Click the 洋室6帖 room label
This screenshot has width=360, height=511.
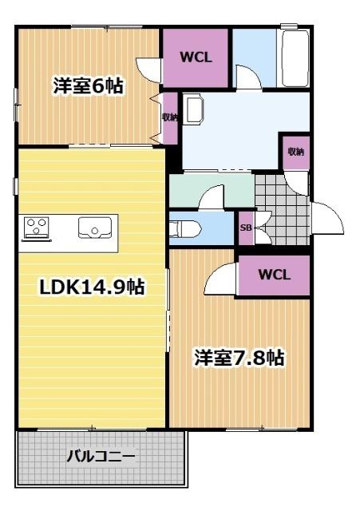click(x=88, y=85)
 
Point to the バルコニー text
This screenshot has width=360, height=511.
click(x=101, y=458)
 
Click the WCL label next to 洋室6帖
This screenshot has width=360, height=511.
click(x=196, y=57)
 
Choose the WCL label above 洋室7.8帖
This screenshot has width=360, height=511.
click(x=274, y=275)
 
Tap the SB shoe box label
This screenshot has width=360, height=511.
click(x=246, y=228)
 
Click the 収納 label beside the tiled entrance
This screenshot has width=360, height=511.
click(x=296, y=152)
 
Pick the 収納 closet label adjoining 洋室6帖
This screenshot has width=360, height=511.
click(x=169, y=117)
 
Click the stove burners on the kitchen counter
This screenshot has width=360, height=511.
click(x=36, y=228)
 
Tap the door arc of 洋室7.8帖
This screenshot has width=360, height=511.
click(x=220, y=279)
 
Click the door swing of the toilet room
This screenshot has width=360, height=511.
click(x=214, y=196)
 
